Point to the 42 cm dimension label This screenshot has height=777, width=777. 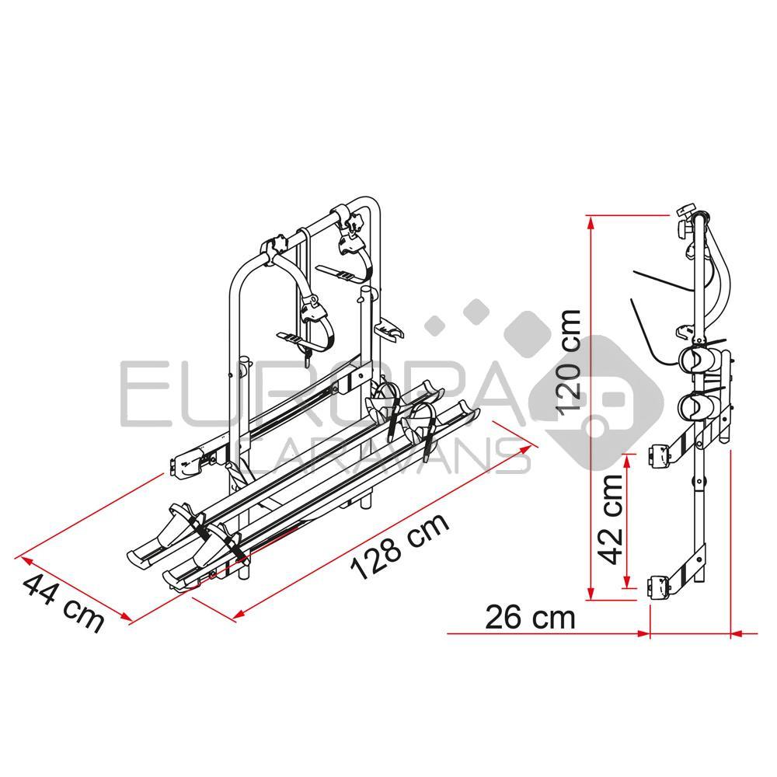pyautogui.click(x=611, y=518)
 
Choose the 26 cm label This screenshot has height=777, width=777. pyautogui.click(x=531, y=618)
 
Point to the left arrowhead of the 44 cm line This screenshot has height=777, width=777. pyautogui.click(x=21, y=557)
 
